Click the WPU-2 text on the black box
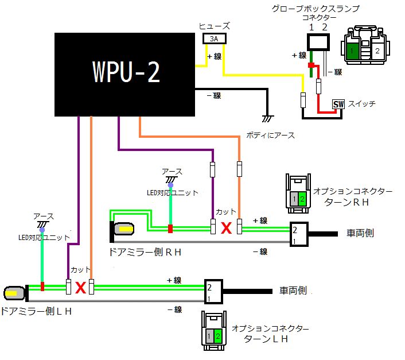[x=126, y=73]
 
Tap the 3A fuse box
[x=214, y=38]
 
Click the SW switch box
[x=338, y=104]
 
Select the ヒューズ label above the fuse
[x=214, y=26]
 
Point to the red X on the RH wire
[x=226, y=228]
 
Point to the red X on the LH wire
[x=80, y=287]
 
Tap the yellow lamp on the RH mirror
[x=124, y=230]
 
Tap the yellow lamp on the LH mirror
[x=14, y=293]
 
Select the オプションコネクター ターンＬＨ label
[x=270, y=334]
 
